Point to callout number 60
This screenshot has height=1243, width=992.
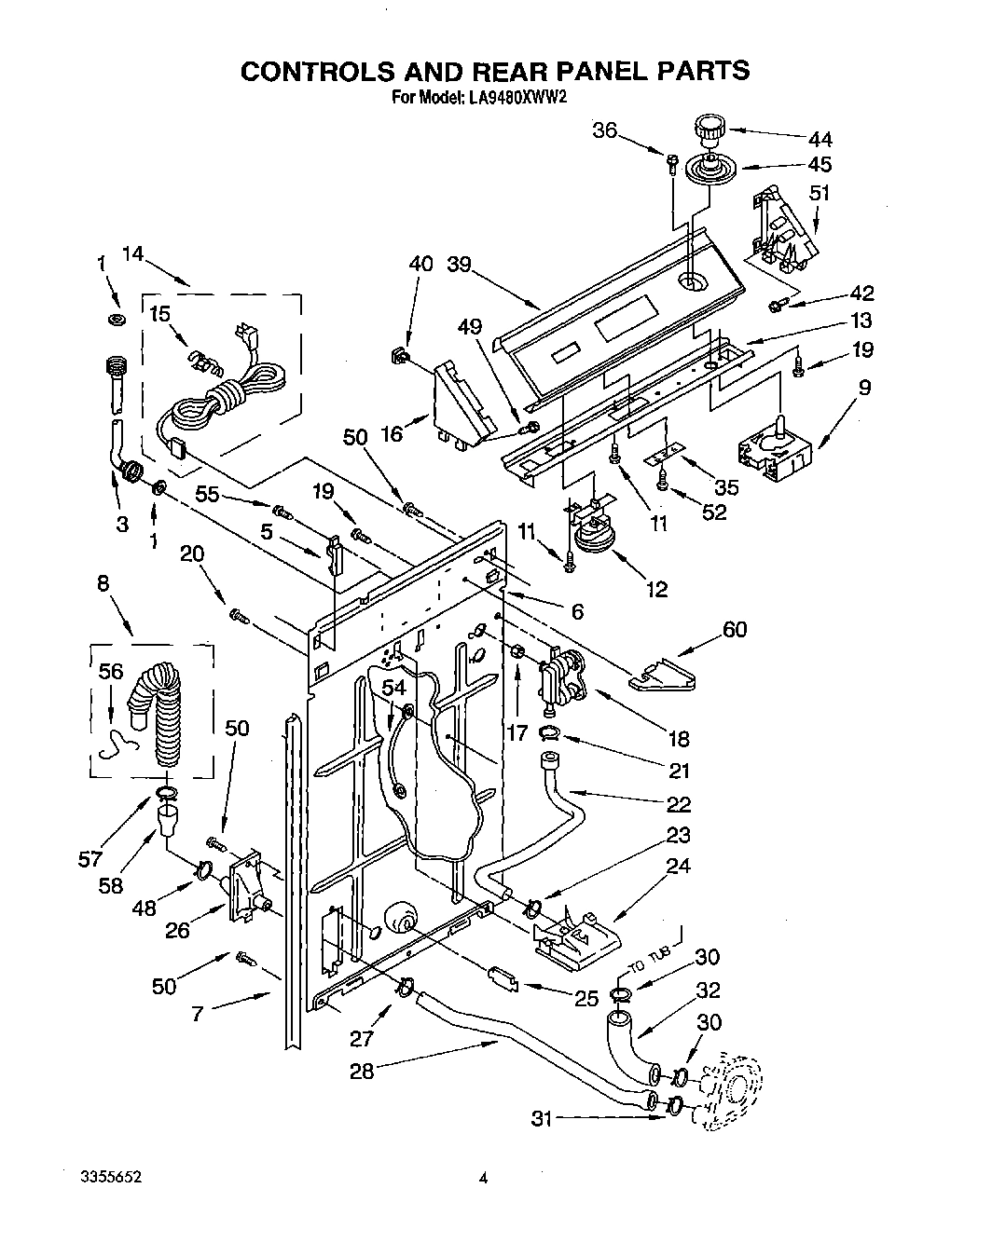click(x=735, y=631)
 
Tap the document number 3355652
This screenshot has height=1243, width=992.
click(x=110, y=1178)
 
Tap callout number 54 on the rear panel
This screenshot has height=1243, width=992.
click(x=394, y=688)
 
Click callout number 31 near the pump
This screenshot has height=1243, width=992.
click(x=542, y=1118)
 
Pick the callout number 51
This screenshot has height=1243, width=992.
click(x=820, y=194)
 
